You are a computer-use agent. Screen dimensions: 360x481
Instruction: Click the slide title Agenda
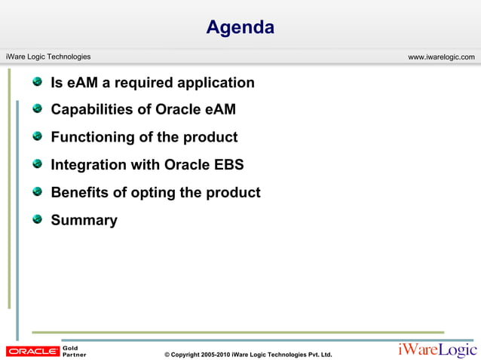pos(240,28)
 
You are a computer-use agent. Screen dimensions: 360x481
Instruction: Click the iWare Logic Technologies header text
pos(48,57)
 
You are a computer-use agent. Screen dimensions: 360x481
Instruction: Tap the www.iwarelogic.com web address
pos(441,57)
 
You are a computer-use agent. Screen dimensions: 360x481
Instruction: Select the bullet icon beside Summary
pos(37,219)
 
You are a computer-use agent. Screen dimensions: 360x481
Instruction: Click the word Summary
pos(84,221)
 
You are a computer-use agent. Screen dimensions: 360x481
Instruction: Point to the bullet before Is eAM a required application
pos(37,81)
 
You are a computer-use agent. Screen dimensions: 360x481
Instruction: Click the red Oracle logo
pos(32,351)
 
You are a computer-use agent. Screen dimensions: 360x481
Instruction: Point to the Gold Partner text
pos(74,351)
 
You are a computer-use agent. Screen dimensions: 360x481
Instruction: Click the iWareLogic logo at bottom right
pos(437,349)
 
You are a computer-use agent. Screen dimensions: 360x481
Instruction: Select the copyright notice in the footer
pos(248,354)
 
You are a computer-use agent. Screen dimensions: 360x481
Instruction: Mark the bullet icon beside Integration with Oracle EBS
pos(37,164)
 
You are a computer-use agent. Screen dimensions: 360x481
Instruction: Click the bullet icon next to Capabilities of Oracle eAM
pos(37,109)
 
